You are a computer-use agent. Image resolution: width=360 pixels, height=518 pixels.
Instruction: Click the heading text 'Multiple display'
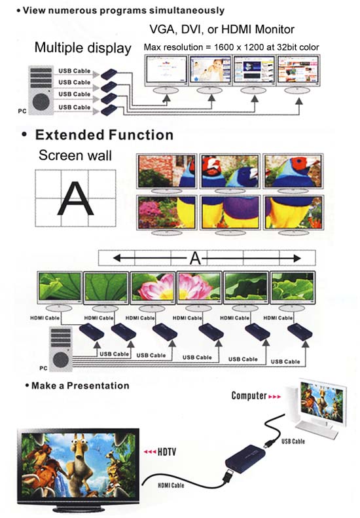[83, 48]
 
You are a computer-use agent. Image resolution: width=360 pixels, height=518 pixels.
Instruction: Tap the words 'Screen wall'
[75, 155]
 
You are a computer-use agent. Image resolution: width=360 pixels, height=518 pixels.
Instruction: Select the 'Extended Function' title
[104, 135]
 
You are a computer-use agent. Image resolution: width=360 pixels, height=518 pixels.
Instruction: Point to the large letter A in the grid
[76, 199]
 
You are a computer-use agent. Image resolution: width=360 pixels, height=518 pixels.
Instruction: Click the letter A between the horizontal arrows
[195, 258]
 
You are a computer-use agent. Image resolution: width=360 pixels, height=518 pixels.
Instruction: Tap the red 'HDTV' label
[160, 452]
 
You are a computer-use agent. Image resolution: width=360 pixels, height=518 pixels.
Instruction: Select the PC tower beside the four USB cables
[41, 90]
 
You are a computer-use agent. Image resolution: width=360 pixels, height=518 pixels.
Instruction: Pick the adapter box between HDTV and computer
[245, 458]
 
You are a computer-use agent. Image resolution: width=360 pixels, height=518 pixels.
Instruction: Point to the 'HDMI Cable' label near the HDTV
[171, 485]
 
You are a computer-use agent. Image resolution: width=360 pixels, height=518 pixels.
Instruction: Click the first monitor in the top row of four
[166, 70]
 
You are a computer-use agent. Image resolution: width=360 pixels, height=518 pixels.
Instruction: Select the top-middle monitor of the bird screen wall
[230, 171]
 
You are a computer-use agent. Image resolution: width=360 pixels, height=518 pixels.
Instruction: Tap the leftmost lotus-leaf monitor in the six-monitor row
[60, 288]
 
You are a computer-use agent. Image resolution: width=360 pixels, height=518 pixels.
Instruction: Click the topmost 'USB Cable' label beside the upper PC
[75, 71]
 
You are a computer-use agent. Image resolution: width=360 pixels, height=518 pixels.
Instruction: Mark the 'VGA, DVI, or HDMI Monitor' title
[222, 29]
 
